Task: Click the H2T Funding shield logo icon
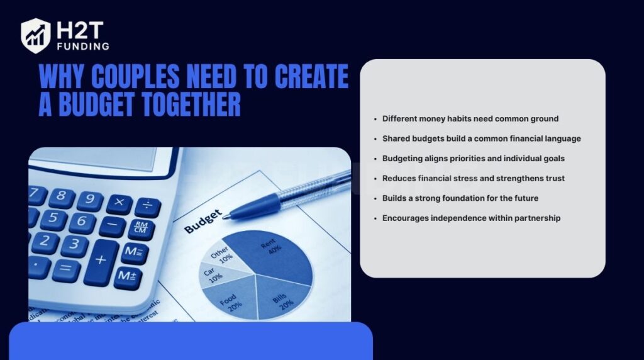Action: (35, 35)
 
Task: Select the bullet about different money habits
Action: (470, 118)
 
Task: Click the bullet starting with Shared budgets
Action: (481, 138)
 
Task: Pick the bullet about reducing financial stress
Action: (473, 178)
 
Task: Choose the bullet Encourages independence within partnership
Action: (471, 218)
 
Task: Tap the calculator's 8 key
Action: (61, 196)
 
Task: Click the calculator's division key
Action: (147, 206)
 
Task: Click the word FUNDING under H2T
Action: (83, 46)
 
